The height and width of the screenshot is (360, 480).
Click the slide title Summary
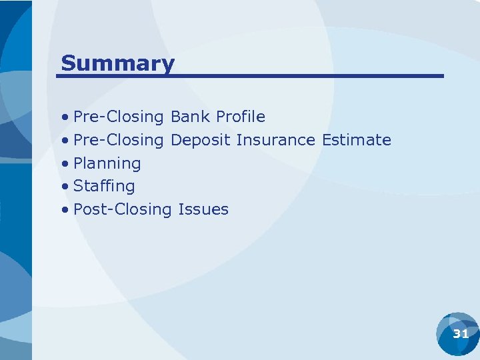(117, 63)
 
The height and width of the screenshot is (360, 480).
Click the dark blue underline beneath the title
(250, 76)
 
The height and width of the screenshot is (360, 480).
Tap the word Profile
(240, 117)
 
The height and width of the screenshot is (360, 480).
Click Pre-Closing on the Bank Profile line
(119, 117)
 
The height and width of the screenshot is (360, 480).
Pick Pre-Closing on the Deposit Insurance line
(119, 140)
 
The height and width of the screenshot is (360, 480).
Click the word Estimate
(357, 140)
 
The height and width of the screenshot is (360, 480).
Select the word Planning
(107, 163)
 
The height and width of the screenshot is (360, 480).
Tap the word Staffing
(104, 186)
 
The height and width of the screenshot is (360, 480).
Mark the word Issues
(203, 209)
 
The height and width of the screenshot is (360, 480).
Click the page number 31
(461, 334)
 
